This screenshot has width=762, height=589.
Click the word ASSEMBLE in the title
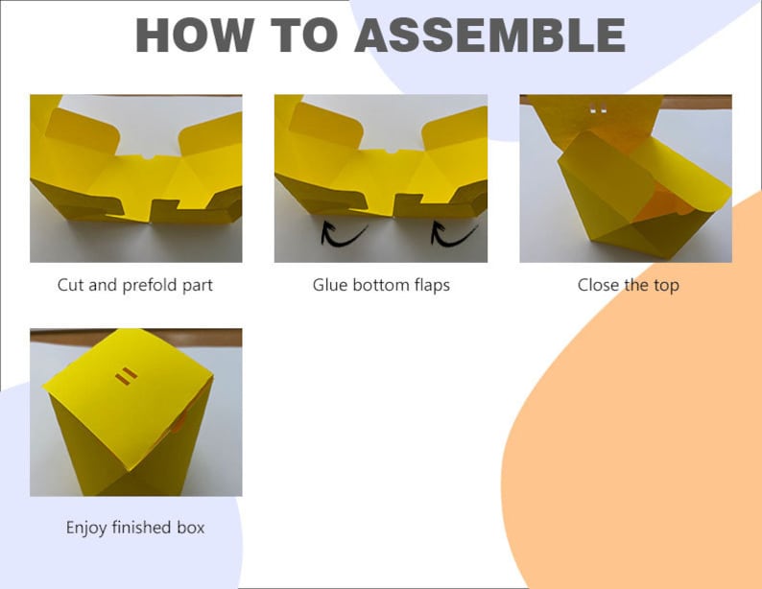489,35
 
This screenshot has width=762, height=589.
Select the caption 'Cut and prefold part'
135,285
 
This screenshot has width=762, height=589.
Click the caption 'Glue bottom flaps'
381,285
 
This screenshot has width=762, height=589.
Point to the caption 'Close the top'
628,285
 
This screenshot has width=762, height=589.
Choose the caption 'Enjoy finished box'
135,528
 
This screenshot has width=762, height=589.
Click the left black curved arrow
343,233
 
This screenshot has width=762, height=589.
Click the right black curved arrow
453,233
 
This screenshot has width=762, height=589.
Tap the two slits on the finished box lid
126,377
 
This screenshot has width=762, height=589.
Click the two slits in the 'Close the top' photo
598,110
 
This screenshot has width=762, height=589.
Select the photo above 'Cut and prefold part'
135,178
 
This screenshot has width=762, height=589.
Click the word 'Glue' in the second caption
330,285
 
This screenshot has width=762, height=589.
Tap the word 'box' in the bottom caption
191,528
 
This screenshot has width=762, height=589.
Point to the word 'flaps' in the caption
429,285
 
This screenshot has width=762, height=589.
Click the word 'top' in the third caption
666,285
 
